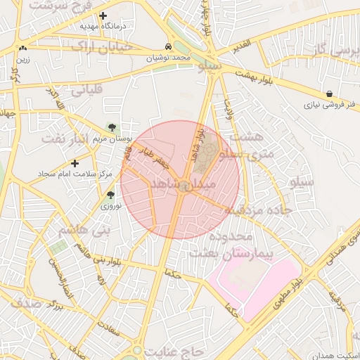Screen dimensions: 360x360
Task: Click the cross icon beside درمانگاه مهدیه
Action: [x=103, y=15]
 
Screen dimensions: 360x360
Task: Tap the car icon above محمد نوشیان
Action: [x=168, y=46]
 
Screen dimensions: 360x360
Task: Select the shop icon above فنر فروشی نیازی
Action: [x=329, y=94]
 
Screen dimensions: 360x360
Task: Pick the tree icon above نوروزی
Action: [x=110, y=195]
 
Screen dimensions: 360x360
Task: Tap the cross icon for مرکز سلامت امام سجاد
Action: [x=75, y=163]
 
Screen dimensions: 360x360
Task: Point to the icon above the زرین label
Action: [x=24, y=49]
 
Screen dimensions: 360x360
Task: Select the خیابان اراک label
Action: [x=101, y=46]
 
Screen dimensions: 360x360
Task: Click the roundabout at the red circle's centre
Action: [x=182, y=186]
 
